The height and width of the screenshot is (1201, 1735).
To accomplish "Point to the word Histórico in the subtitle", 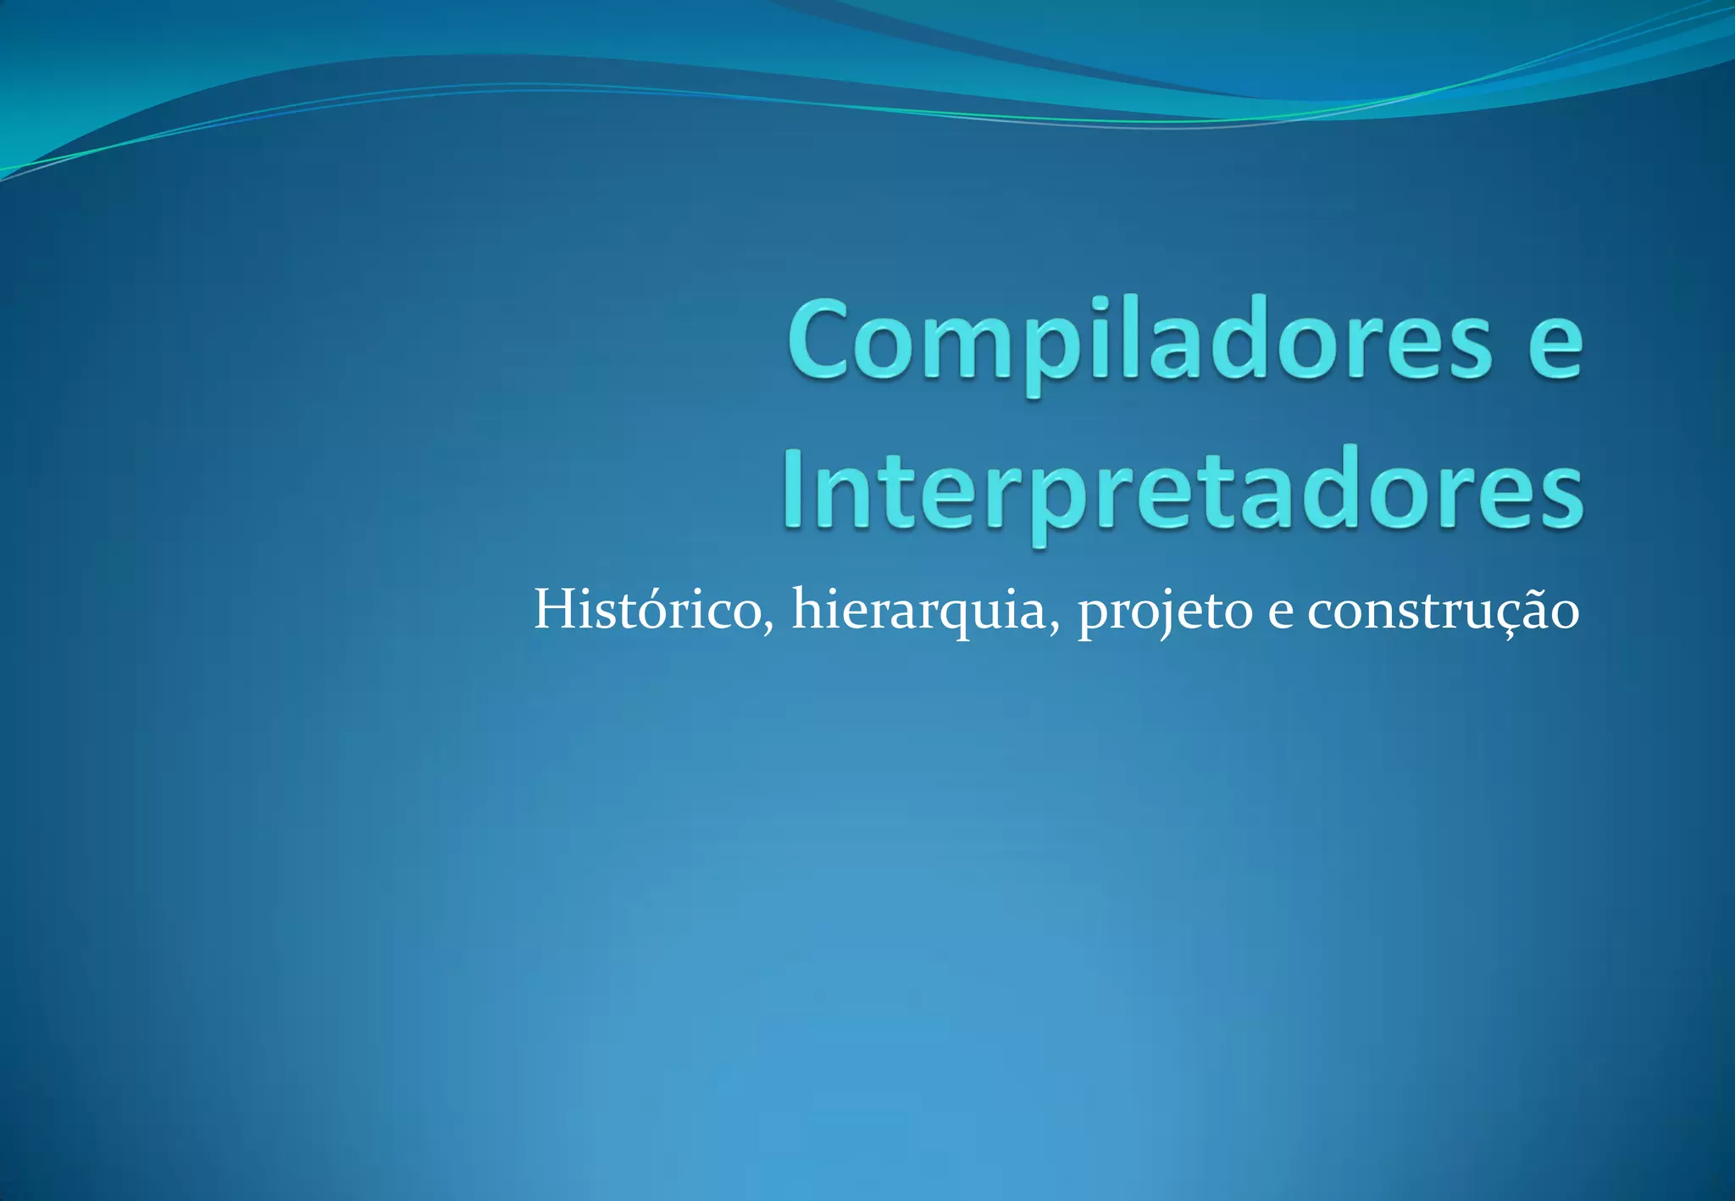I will coord(647,609).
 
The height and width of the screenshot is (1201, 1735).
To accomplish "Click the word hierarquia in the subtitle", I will coord(920,611).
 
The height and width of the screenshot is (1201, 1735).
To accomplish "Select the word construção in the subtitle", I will coord(1442,611).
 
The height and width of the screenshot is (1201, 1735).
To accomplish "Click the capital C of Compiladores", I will coord(818,339).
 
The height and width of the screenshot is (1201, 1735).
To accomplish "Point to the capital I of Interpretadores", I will coord(794,489).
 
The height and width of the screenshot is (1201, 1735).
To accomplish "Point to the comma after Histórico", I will coord(768,628).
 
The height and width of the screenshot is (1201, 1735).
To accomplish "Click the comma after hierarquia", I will coord(1054,628).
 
